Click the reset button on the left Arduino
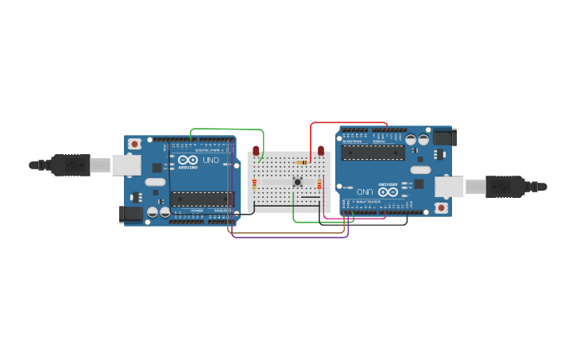click(x=135, y=144)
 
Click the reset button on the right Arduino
click(x=441, y=207)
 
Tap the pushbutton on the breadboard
click(x=298, y=182)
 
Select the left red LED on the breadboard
click(x=256, y=150)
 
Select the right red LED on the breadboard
click(x=321, y=150)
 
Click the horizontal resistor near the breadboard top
click(x=302, y=163)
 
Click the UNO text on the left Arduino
click(x=211, y=160)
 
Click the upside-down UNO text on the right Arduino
click(x=365, y=192)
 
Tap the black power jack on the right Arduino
click(x=443, y=137)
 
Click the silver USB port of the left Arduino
click(x=126, y=165)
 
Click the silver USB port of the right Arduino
click(x=449, y=187)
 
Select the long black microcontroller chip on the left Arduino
click(x=202, y=199)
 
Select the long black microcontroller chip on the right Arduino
click(x=373, y=153)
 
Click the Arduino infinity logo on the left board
click(x=187, y=160)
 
